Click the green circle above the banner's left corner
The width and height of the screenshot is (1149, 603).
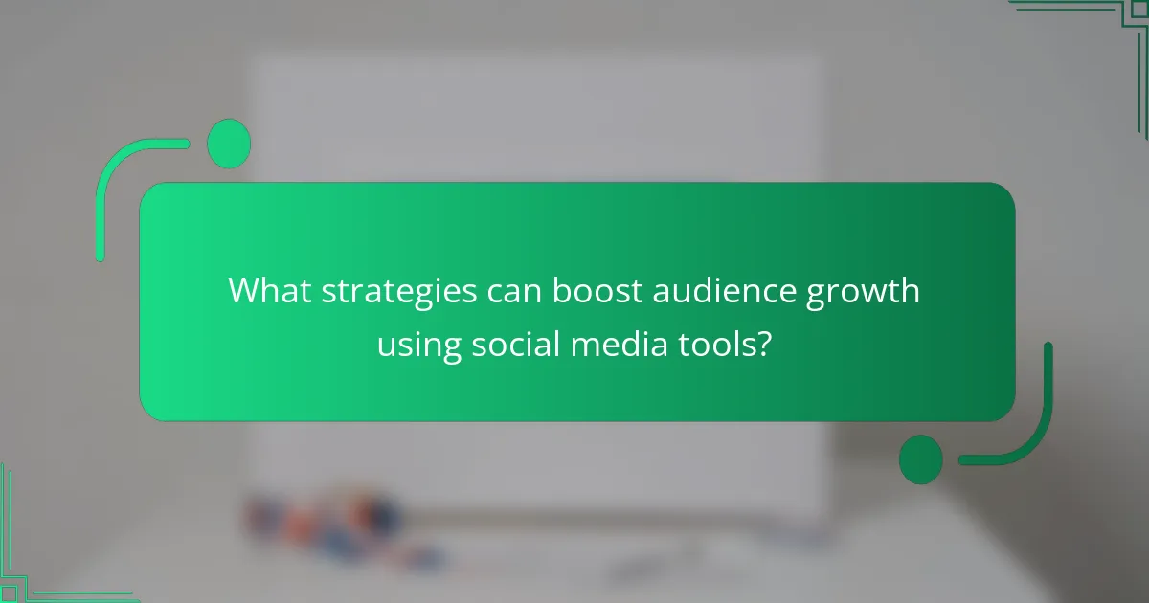(229, 144)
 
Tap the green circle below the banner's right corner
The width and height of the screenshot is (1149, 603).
(920, 458)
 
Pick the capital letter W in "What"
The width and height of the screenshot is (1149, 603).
(243, 291)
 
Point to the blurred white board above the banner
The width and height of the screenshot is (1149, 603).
(536, 115)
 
